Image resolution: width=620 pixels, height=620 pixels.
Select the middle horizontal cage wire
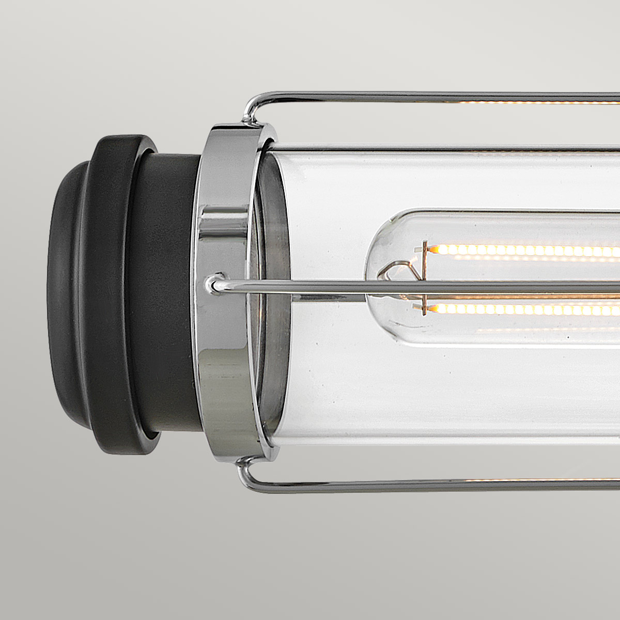pyautogui.click(x=413, y=286)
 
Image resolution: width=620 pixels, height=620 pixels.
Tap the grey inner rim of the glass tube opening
pyautogui.click(x=274, y=289)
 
